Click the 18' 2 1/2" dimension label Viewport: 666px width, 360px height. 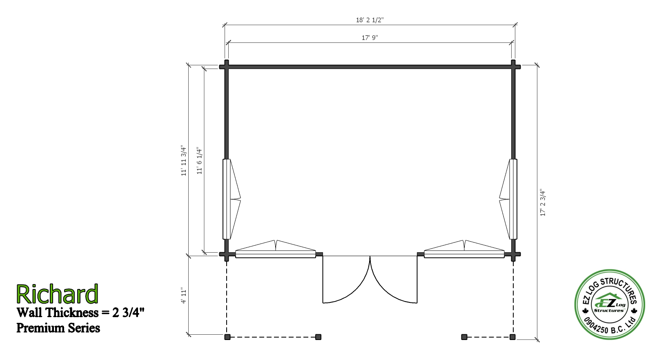[x=370, y=20]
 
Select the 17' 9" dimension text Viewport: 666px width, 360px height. [x=370, y=38]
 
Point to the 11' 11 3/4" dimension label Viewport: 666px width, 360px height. [x=184, y=161]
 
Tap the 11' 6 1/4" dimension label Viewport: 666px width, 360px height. [x=199, y=160]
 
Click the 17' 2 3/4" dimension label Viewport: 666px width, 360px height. [x=543, y=202]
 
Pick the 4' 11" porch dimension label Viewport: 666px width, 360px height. [x=183, y=296]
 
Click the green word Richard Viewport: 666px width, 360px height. [x=57, y=294]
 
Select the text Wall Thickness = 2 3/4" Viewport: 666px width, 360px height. [x=80, y=312]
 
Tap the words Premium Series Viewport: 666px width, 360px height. [x=58, y=328]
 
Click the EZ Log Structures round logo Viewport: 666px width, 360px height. [x=610, y=304]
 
